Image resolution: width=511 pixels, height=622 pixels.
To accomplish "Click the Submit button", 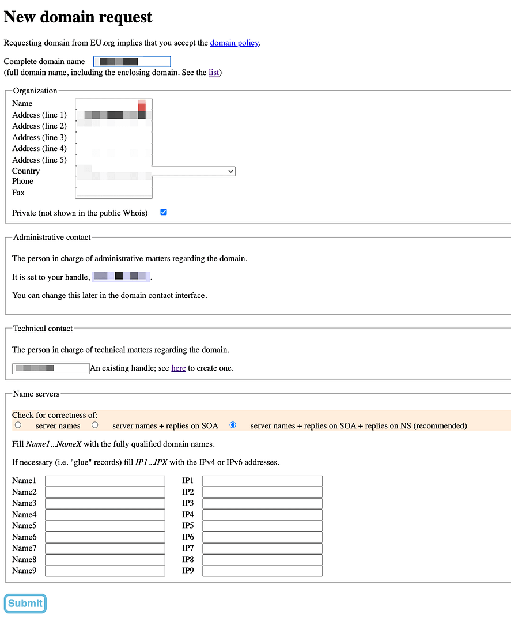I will coord(25,603).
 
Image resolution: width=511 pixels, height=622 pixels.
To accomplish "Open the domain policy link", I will coord(235,43).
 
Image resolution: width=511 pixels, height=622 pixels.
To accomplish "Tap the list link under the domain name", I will coord(214,73).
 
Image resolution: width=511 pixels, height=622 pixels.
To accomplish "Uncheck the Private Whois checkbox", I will coord(164,212).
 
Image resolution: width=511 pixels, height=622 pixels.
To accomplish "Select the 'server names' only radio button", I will coord(18,425).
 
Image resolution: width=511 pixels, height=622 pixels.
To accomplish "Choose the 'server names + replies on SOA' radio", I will coord(94,425).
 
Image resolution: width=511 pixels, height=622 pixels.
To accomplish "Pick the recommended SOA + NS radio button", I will coord(233,425).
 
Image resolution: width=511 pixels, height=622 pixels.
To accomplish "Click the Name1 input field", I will coord(105,481).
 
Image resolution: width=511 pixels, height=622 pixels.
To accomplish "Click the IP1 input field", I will coord(262,481).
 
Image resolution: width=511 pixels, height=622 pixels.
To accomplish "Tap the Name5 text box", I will coord(105,526).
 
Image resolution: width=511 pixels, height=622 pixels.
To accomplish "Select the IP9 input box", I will coord(262,571).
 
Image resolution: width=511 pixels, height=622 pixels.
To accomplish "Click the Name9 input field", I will coord(105,571).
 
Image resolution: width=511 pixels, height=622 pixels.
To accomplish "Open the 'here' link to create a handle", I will coord(179,368).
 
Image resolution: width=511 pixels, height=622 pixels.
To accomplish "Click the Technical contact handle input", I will coord(51,368).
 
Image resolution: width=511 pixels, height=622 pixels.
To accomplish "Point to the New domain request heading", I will coord(78,17).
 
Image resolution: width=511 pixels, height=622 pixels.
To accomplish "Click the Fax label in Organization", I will coord(18,193).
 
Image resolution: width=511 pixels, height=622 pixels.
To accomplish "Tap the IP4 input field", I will coord(262,514).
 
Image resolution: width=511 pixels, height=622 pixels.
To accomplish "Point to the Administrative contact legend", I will coord(52,237).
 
